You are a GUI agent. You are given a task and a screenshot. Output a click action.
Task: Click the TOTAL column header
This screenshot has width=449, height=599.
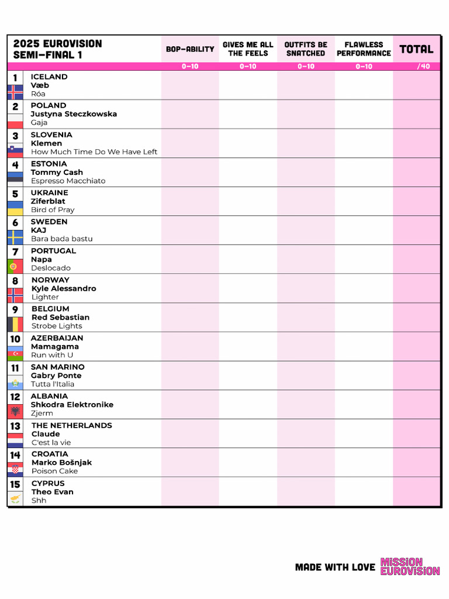(416, 49)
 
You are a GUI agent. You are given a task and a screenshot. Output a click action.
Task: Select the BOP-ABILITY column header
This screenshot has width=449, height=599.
(190, 49)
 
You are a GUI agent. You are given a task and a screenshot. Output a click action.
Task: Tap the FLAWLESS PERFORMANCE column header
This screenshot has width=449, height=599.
(364, 49)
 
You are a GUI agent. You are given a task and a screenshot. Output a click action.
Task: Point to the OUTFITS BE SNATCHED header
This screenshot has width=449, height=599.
(306, 49)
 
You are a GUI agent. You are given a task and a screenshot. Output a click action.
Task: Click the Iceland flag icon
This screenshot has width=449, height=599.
(15, 92)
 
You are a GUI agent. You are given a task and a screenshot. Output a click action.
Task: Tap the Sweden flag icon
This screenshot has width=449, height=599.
(15, 237)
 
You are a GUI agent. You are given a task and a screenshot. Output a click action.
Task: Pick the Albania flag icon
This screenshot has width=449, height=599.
(15, 411)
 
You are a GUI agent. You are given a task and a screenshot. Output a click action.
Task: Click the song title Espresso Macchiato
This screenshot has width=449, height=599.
(68, 181)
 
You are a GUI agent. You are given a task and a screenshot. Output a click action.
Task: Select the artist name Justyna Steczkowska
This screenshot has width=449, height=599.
(74, 114)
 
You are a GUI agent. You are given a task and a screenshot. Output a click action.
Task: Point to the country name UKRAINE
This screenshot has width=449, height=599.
(50, 192)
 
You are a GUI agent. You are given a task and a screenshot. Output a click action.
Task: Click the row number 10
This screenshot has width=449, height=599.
(15, 339)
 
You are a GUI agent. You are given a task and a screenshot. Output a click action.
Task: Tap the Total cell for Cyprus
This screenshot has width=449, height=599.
(416, 492)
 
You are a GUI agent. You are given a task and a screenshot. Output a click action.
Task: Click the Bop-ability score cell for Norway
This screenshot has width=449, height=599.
(190, 288)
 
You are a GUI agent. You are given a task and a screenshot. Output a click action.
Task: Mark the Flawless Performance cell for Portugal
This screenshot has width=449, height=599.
(364, 259)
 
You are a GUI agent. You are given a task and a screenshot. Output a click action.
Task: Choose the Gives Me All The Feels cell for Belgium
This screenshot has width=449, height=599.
(248, 317)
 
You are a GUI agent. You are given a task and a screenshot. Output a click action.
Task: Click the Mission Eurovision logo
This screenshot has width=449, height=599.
(410, 566)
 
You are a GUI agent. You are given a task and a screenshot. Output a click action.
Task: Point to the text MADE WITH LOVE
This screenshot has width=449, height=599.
(335, 567)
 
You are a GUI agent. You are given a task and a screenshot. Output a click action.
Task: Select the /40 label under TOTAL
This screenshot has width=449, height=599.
(423, 67)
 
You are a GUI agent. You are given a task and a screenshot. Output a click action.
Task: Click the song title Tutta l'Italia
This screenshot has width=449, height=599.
(53, 384)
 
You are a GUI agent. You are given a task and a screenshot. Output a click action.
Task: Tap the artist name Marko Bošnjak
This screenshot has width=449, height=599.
(61, 463)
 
